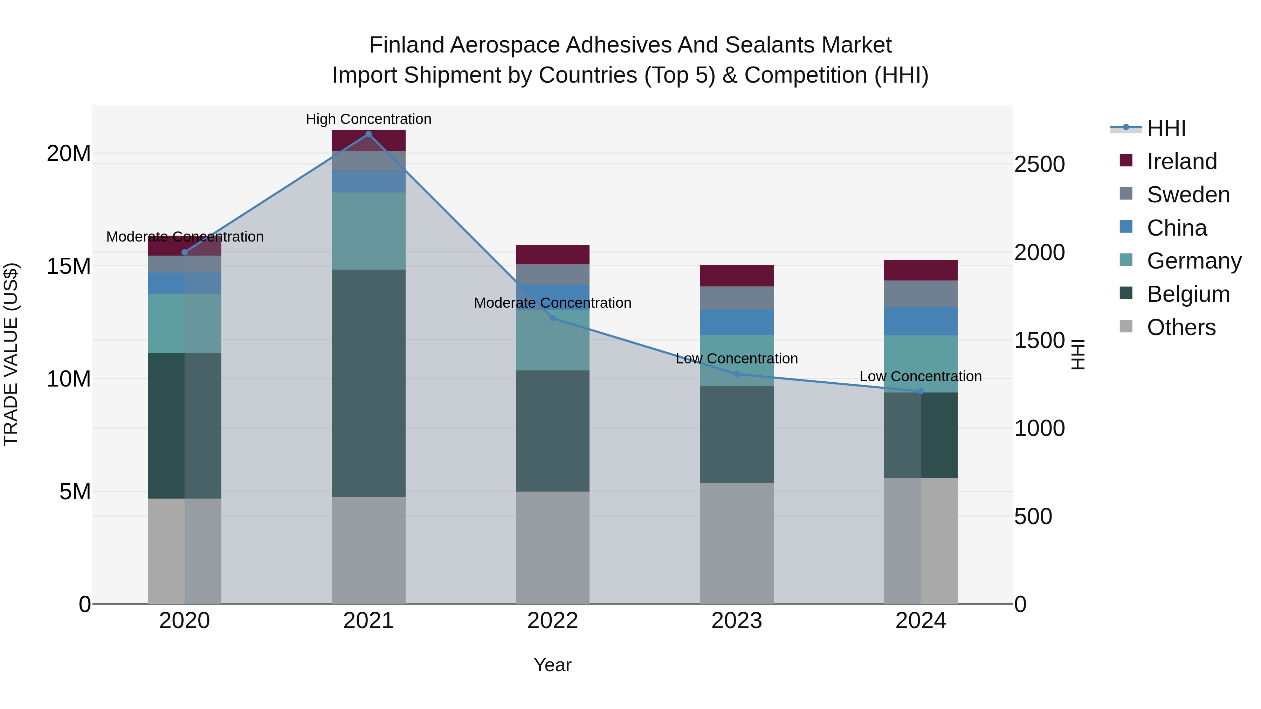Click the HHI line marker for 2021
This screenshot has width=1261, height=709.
[368, 134]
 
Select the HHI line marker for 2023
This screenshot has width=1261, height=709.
[737, 374]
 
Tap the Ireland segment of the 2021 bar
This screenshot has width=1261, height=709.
[368, 140]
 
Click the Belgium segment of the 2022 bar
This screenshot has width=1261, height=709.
[553, 431]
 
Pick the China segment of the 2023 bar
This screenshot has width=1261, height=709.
[737, 322]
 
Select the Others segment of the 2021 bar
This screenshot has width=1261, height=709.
[368, 550]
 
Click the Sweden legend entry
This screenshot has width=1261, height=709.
[1188, 195]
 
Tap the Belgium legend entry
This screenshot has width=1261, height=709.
[1188, 294]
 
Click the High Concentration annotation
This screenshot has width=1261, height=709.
[368, 119]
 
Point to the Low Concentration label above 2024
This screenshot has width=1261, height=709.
[921, 376]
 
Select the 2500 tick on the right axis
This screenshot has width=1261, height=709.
[1039, 165]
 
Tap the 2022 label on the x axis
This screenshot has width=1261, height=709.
[553, 621]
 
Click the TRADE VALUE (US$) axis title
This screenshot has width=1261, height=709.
[11, 354]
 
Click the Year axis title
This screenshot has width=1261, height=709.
[553, 665]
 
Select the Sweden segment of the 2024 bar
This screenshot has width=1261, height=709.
[921, 294]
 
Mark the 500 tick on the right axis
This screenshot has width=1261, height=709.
[1033, 517]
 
